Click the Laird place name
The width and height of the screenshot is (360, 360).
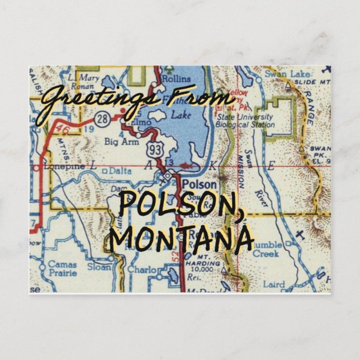point(274,285)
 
